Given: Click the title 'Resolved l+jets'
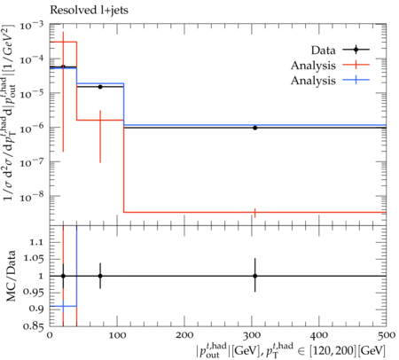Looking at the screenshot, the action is click(89, 10).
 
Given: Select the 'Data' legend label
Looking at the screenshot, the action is click(323, 51).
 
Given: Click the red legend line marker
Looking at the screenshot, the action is click(356, 65).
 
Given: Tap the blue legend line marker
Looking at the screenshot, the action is click(356, 80).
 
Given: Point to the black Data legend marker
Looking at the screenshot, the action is click(356, 50).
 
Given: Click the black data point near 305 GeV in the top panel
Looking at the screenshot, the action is click(254, 128).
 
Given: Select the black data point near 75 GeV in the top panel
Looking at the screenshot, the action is click(100, 87).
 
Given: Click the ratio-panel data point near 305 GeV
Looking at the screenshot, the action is click(254, 276).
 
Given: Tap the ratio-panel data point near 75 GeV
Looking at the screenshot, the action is click(100, 276).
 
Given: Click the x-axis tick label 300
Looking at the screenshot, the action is click(253, 335).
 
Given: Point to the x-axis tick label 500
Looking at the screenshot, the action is click(387, 335).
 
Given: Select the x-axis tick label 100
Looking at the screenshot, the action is click(118, 335).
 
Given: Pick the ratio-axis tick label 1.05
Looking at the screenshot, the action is click(32, 259).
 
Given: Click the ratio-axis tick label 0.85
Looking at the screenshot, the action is click(32, 325).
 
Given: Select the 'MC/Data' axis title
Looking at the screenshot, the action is click(12, 276).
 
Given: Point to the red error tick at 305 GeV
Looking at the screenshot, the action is click(254, 213).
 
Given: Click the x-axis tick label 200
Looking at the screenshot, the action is click(185, 335).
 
